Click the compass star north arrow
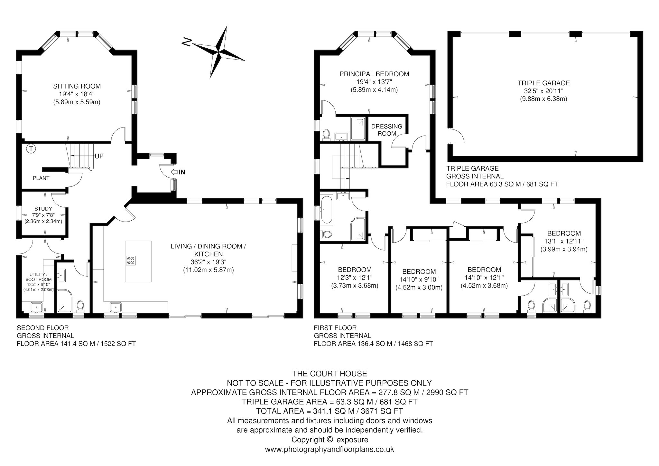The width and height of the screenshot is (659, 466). point(219,52)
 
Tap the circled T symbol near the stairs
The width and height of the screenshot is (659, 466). point(31,149)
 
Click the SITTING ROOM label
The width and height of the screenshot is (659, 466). point(77,86)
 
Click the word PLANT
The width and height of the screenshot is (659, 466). point(41,178)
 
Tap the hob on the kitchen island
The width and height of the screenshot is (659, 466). point(130,260)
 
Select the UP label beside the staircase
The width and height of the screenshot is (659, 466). point(99,156)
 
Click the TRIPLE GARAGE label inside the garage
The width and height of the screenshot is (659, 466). point(543,83)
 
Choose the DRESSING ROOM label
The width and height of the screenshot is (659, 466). point(387,130)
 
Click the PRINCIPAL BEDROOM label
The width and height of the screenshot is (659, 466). point(374,74)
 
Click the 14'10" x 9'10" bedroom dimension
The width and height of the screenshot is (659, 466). point(419,280)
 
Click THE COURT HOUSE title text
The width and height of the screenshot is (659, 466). point(329,374)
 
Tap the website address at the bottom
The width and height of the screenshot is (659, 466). point(329,449)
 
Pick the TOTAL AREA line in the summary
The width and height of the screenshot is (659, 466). point(329,411)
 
